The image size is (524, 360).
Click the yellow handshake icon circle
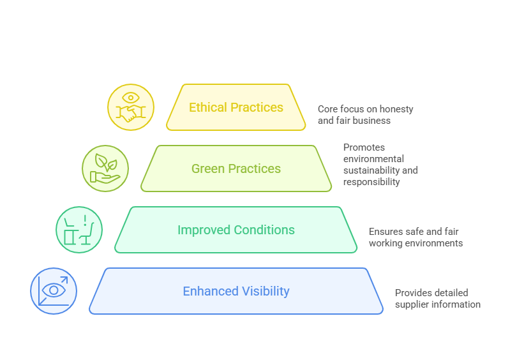point(131,107)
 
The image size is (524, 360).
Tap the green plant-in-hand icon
point(105,169)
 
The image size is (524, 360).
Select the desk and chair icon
point(79,230)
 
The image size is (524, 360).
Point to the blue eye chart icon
point(54,291)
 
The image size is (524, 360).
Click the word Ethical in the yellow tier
point(208,107)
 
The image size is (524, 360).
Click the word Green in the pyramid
point(208,169)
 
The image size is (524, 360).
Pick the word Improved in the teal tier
point(204,230)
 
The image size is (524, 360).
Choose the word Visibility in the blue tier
point(266,292)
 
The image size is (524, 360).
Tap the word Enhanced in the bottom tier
point(211,291)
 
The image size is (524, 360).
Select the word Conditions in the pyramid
point(264,230)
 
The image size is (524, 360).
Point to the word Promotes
point(364,147)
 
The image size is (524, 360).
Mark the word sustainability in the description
point(371,170)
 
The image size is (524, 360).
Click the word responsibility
point(371,182)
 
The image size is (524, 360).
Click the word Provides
point(412,293)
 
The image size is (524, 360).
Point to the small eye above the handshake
point(131,98)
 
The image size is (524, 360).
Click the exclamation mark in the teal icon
point(86,220)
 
